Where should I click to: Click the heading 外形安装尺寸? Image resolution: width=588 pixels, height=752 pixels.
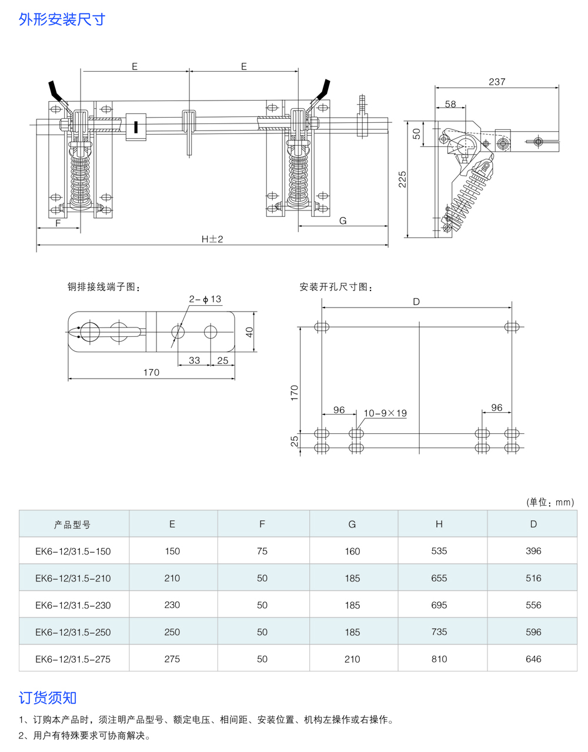pyautogui.click(x=62, y=19)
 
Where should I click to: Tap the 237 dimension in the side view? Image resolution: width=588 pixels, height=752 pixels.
pyautogui.click(x=497, y=82)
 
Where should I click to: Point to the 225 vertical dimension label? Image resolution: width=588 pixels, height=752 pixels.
pyautogui.click(x=403, y=179)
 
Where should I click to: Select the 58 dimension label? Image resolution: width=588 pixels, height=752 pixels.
pyautogui.click(x=450, y=104)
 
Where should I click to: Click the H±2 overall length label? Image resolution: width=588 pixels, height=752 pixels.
pyautogui.click(x=212, y=239)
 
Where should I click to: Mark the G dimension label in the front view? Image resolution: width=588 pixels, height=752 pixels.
pyautogui.click(x=343, y=220)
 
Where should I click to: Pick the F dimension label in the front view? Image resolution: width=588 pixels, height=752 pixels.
pyautogui.click(x=58, y=223)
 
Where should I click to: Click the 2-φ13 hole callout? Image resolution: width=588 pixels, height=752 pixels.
pyautogui.click(x=205, y=299)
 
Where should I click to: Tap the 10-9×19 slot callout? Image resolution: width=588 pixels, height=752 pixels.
pyautogui.click(x=385, y=413)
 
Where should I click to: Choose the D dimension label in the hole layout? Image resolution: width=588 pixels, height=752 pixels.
pyautogui.click(x=416, y=302)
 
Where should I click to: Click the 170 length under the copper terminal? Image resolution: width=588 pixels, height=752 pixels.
pyautogui.click(x=151, y=372)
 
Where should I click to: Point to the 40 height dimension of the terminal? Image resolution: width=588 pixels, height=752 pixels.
pyautogui.click(x=249, y=332)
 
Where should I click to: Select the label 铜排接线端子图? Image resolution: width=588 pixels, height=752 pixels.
pyautogui.click(x=104, y=287)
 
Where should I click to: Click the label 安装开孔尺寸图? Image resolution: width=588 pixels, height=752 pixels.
pyautogui.click(x=336, y=287)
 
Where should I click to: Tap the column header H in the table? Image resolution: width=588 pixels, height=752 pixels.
pyautogui.click(x=439, y=524)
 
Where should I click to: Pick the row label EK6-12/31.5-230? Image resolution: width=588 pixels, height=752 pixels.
pyautogui.click(x=73, y=605)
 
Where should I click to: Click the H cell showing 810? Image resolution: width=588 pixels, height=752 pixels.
pyautogui.click(x=439, y=659)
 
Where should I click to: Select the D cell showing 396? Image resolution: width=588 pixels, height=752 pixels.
pyautogui.click(x=533, y=551)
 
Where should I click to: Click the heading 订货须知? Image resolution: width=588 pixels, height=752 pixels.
pyautogui.click(x=48, y=698)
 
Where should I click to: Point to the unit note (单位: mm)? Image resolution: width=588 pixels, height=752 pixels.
pyautogui.click(x=550, y=502)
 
